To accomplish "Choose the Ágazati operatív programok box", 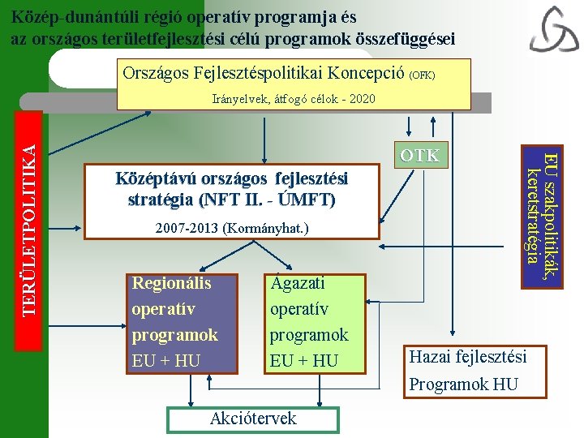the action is point(310,322).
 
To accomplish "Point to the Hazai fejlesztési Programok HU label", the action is point(467,370).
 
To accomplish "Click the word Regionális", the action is point(171,284).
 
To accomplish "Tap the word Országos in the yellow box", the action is point(156,74).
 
